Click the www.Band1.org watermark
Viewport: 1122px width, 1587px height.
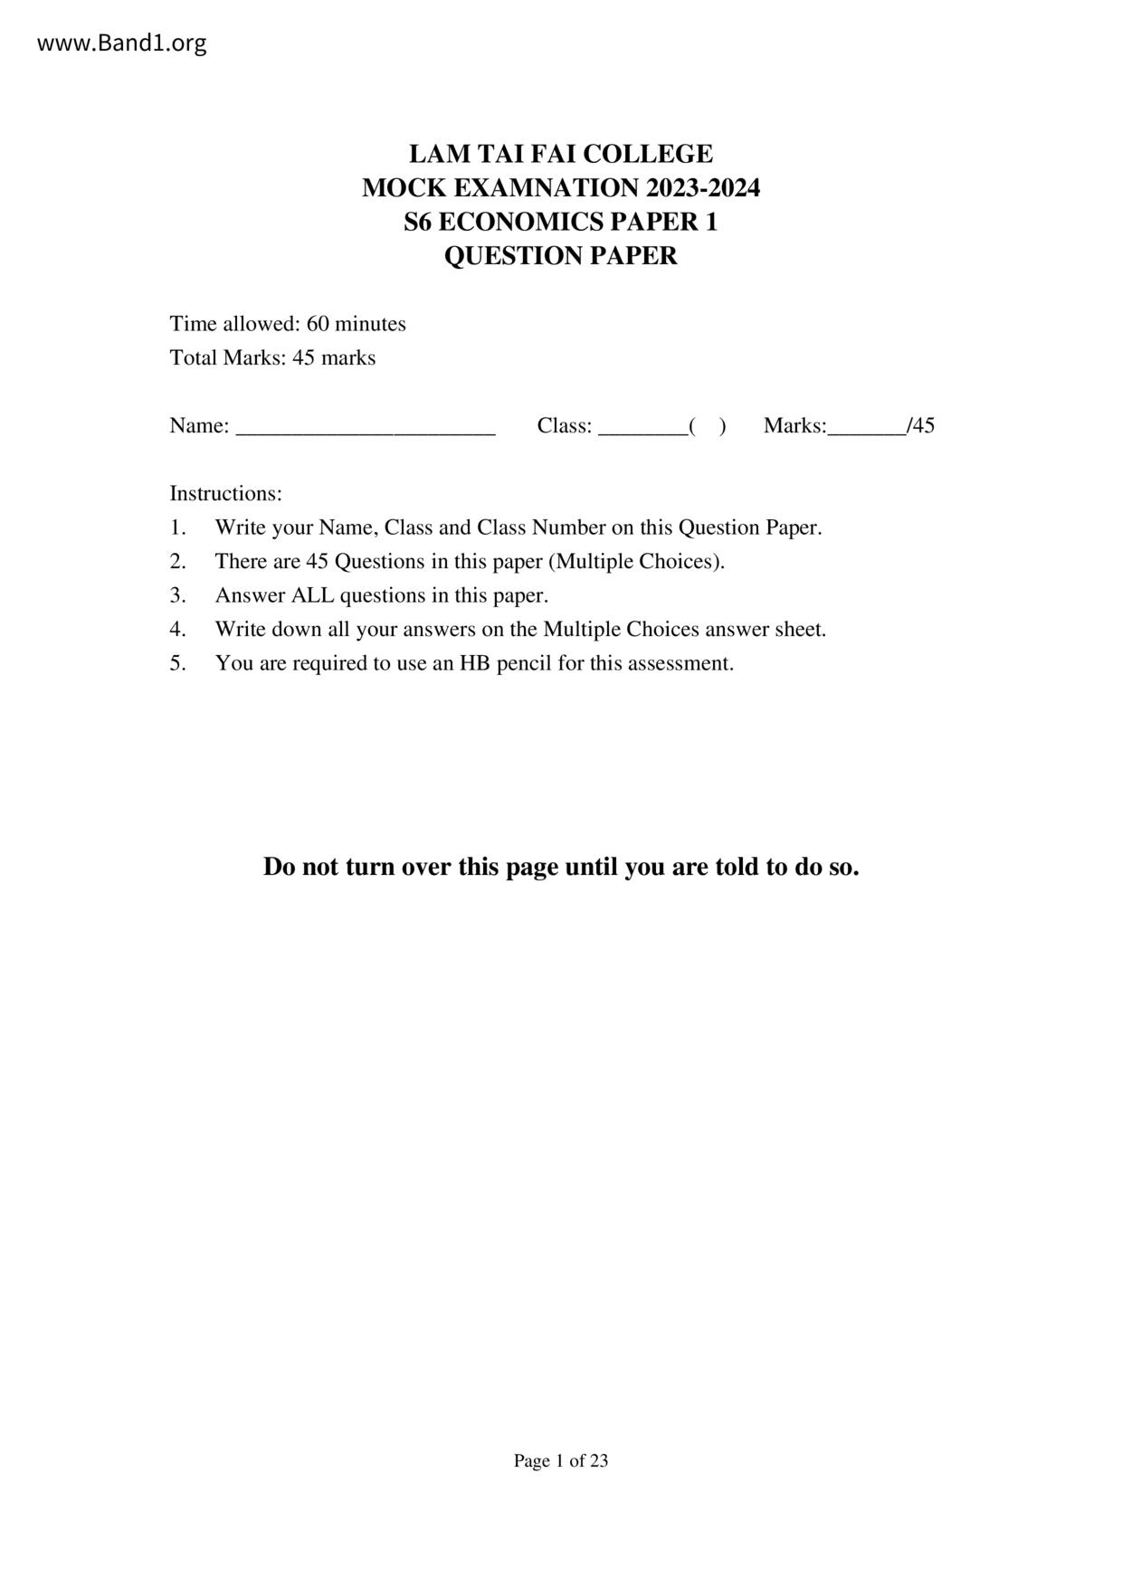coord(121,43)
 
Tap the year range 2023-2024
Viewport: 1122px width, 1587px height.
coord(703,188)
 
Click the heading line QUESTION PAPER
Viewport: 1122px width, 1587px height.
coord(560,256)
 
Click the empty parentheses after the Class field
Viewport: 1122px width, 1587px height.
coord(708,426)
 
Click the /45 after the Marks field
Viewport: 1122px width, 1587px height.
coord(922,426)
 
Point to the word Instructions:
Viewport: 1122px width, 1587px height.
coord(226,494)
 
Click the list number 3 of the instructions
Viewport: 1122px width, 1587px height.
coord(176,595)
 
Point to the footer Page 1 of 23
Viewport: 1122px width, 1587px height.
coord(561,1460)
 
